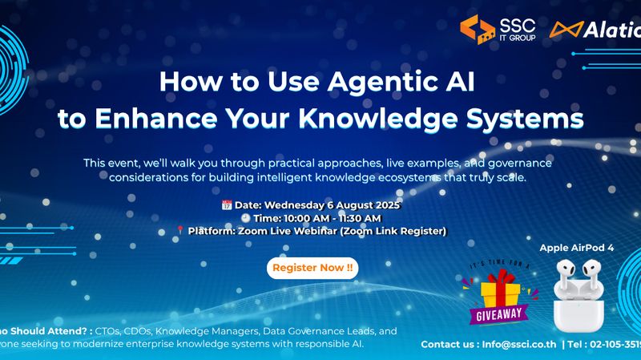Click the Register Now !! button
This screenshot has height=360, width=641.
312,268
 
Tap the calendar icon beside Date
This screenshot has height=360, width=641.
226,205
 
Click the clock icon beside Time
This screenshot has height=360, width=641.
244,218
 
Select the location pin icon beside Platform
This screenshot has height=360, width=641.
180,231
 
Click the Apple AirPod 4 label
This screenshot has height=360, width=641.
576,249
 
